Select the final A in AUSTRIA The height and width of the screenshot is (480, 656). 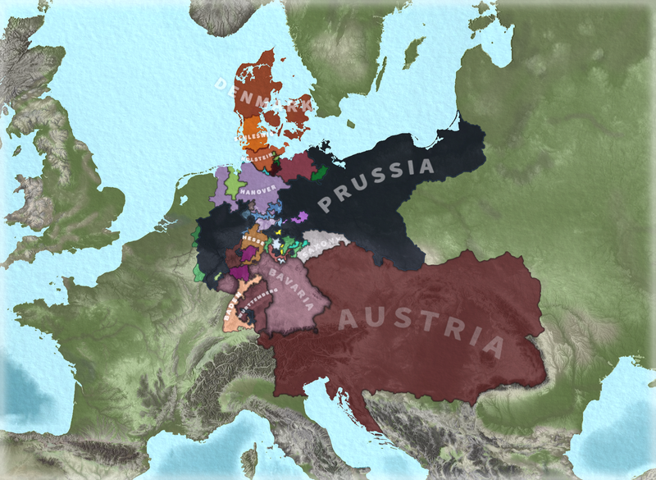(492, 345)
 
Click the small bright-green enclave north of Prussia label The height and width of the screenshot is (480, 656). (321, 172)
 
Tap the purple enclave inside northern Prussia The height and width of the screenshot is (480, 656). (301, 217)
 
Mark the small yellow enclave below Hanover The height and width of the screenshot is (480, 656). (280, 232)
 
